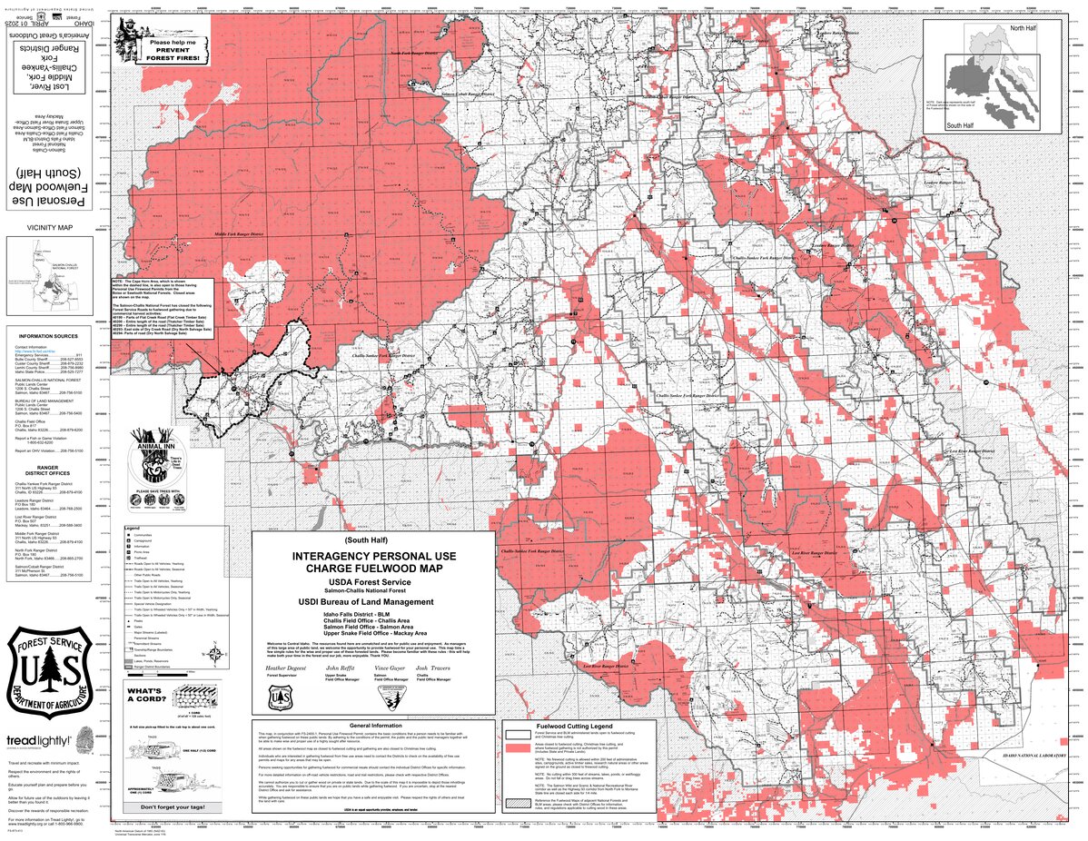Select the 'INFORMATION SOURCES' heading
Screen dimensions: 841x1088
[x=49, y=336]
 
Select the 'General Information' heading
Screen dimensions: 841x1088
[x=372, y=727]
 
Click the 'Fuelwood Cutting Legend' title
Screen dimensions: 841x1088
[x=575, y=727]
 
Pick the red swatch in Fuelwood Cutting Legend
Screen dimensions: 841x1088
[x=518, y=747]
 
